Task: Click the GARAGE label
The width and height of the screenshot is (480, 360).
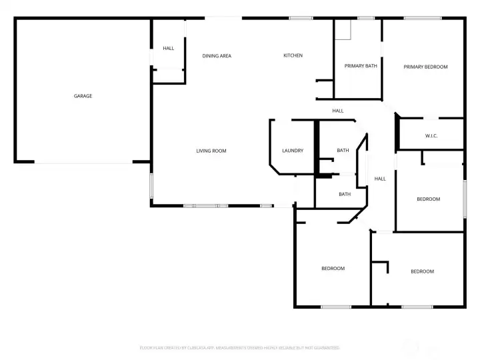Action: click(83, 96)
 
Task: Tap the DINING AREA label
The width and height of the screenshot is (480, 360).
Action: click(217, 56)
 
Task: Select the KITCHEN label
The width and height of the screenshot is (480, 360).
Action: click(293, 55)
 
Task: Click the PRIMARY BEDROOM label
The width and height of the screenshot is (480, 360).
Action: click(425, 67)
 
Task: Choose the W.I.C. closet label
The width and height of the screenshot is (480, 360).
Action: click(431, 136)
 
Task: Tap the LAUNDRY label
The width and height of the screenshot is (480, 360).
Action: click(293, 151)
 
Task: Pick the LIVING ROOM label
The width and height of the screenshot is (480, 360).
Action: click(211, 151)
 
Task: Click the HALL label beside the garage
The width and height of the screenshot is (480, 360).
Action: click(169, 48)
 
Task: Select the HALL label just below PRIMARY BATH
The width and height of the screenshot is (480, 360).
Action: click(338, 111)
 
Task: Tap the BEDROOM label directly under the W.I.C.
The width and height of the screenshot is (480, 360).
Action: click(429, 199)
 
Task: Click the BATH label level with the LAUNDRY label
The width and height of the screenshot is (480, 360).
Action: click(343, 151)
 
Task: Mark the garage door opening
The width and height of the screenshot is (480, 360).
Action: click(84, 162)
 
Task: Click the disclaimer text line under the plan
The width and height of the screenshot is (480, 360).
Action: click(240, 347)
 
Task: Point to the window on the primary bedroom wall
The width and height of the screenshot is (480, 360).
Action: click(422, 18)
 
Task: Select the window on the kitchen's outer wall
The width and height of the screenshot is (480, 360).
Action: click(301, 18)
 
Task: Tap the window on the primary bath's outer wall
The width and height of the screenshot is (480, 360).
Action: click(366, 18)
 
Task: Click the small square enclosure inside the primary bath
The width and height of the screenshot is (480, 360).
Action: click(343, 30)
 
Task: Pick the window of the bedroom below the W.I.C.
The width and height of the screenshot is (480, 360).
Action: click(465, 198)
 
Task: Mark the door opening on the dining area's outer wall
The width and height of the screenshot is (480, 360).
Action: click(223, 18)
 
